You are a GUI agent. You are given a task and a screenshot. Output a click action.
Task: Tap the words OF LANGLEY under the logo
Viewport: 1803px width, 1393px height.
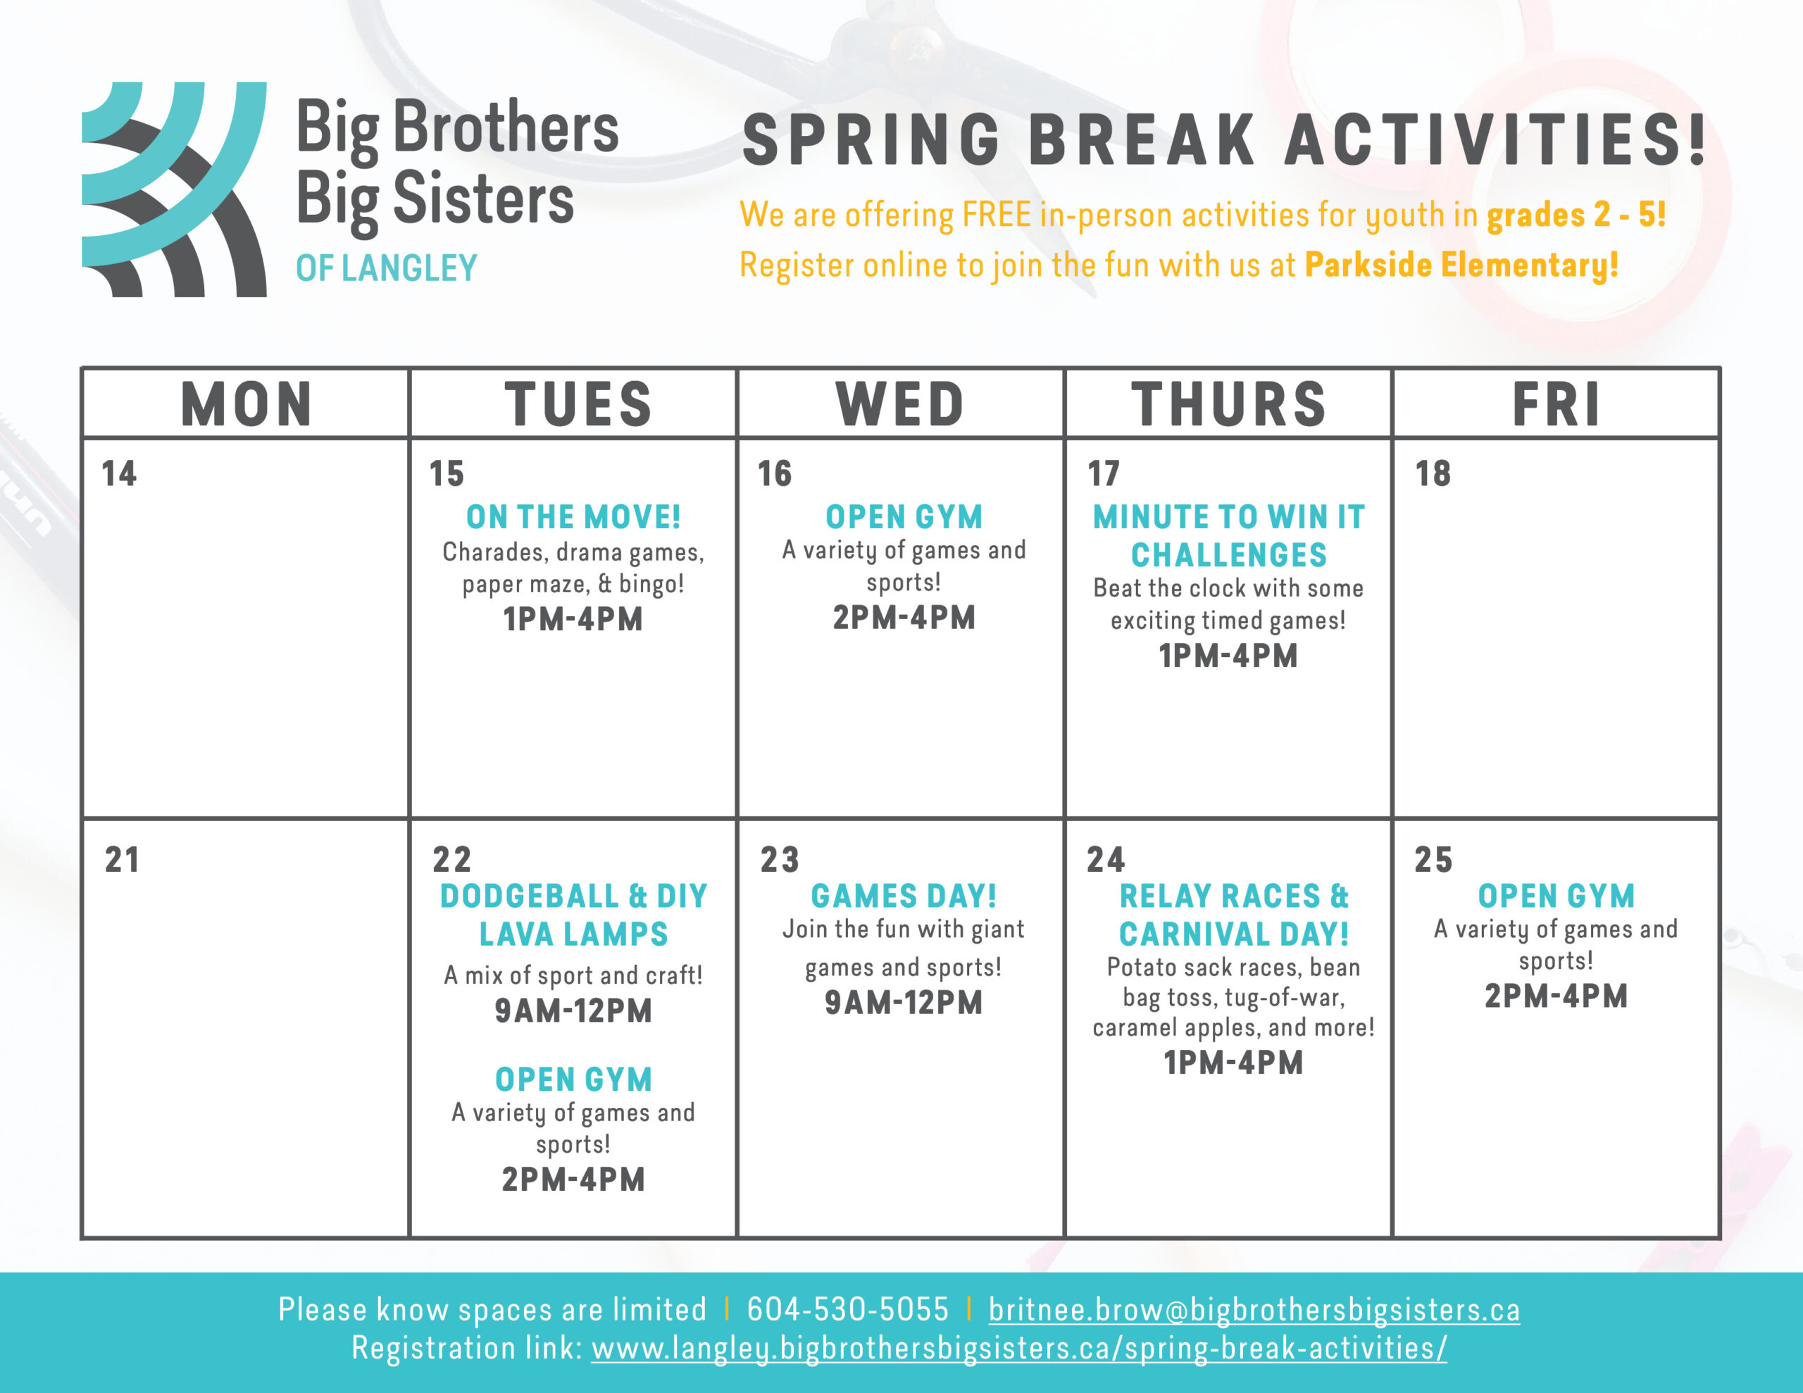(x=387, y=268)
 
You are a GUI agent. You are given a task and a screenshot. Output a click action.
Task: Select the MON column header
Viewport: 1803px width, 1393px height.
(x=246, y=405)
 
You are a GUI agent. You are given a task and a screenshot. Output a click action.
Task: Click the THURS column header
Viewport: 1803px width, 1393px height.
(x=1228, y=405)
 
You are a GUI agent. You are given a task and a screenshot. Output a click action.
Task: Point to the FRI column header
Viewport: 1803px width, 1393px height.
(x=1556, y=405)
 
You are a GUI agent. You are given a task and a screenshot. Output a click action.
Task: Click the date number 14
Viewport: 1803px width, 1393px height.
(x=119, y=474)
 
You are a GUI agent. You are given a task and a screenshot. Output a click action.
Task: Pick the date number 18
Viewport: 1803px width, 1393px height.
(x=1433, y=474)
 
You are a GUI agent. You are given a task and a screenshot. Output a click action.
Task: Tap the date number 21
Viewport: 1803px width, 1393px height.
(x=121, y=860)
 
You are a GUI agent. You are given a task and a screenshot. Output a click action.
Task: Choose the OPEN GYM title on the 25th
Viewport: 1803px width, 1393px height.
(x=1556, y=896)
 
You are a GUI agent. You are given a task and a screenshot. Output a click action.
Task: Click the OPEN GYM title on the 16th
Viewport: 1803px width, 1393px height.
(x=904, y=517)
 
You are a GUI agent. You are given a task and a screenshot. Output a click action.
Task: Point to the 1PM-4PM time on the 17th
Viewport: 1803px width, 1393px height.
(x=1228, y=656)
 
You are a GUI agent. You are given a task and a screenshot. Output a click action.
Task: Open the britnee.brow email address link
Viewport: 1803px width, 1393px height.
(x=1254, y=1311)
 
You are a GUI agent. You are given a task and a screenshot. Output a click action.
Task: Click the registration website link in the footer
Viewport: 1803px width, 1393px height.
(x=1018, y=1349)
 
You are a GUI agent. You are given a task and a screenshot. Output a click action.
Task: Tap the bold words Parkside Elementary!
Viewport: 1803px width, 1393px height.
(x=1461, y=265)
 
